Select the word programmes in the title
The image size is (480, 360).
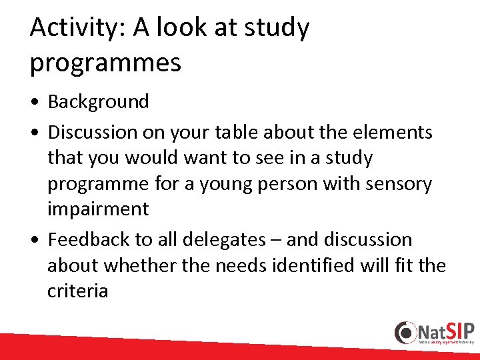click(x=105, y=63)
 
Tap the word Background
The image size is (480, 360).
click(x=99, y=102)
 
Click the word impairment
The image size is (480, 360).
click(x=98, y=209)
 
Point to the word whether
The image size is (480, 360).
click(x=138, y=265)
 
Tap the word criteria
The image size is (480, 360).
click(x=77, y=291)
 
